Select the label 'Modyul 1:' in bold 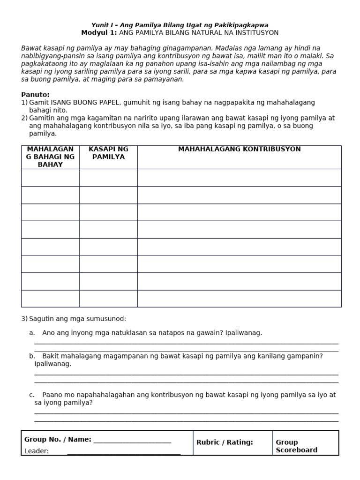pos(99,33)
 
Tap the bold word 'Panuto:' pos(35,95)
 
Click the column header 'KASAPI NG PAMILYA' pos(108,153)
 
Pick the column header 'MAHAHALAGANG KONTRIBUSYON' pos(239,149)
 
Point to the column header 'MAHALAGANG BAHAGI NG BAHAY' pos(50,157)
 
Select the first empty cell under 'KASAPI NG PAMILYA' pos(108,178)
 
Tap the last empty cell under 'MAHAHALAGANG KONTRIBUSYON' pos(239,299)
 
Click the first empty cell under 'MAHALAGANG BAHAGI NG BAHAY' pos(50,178)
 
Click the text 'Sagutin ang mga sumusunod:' pos(77,319)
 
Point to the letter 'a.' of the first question pos(32,333)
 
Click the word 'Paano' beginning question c pos(52,395)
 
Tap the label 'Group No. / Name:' pos(58,439)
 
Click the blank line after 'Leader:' pos(124,452)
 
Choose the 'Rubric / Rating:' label pos(225,442)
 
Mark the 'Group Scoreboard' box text pos(296,446)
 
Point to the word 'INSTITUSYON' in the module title pos(255,33)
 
